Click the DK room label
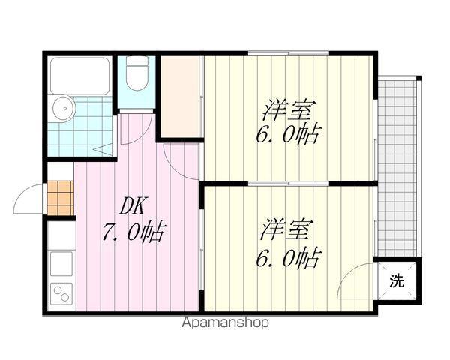[133, 205]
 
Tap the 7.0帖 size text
[134, 232]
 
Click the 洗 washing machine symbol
[397, 280]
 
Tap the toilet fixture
[137, 73]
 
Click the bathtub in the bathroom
[79, 75]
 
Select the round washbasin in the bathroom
[64, 109]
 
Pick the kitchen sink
[61, 264]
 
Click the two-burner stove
[61, 294]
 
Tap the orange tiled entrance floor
[60, 198]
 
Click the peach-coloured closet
[179, 97]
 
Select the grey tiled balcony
[397, 167]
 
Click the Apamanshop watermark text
[226, 322]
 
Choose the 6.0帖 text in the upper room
[287, 134]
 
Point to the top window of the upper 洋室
[289, 53]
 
